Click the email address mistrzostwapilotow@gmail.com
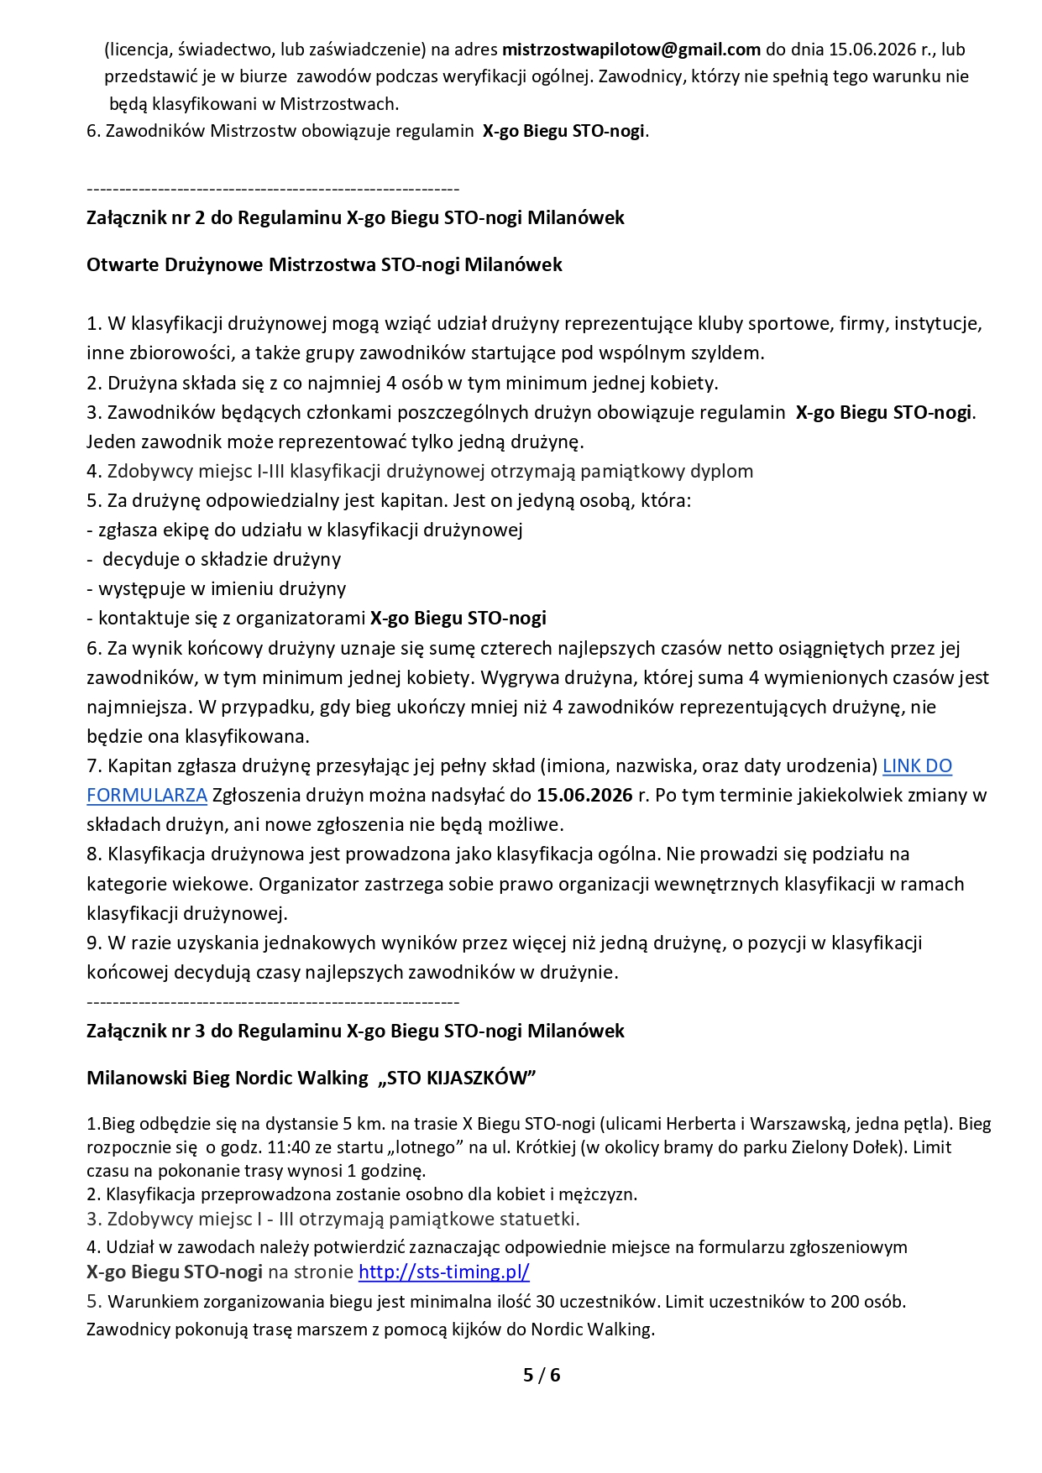coord(631,50)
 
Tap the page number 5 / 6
coord(542,1375)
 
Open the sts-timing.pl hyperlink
coord(443,1272)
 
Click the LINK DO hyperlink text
coord(917,765)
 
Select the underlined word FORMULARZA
coord(147,795)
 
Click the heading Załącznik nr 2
coord(355,217)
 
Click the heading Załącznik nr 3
coord(355,1031)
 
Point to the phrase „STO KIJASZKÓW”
coord(457,1078)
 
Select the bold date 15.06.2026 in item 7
coord(584,795)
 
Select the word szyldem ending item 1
coord(730,353)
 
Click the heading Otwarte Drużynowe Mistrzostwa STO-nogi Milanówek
coord(324,264)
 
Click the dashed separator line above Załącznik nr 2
coord(273,189)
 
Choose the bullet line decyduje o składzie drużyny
coord(221,559)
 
